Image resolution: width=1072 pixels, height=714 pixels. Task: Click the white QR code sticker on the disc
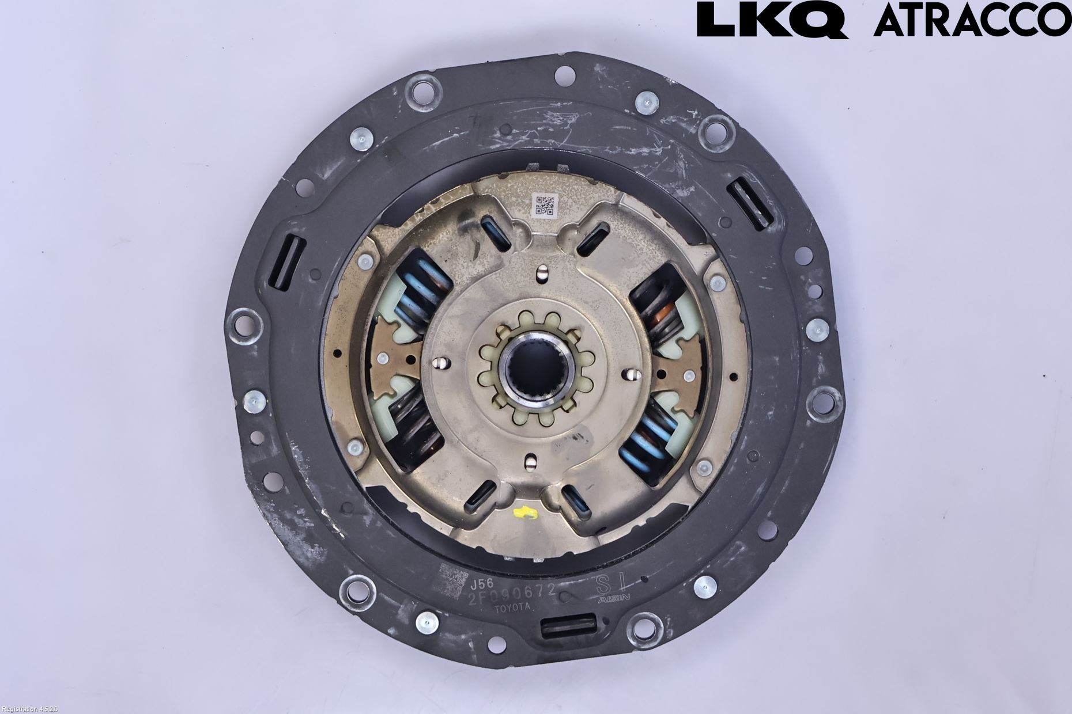click(x=544, y=205)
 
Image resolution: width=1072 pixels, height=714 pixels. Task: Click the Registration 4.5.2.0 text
click(x=29, y=709)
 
